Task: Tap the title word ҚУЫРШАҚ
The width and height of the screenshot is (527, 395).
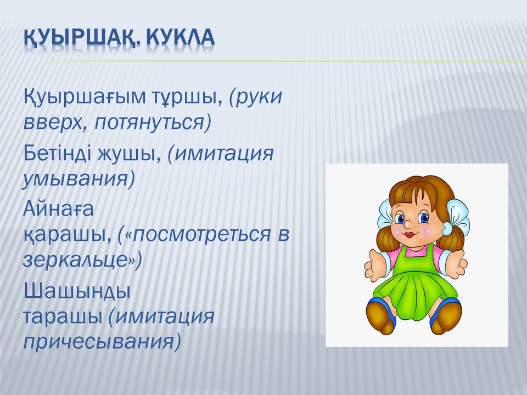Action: coord(81,38)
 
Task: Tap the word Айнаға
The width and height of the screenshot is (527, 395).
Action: coord(59,209)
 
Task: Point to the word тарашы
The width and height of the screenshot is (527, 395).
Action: coord(63,317)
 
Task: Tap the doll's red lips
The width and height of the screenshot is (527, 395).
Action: coord(409,234)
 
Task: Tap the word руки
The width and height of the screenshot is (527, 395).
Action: coord(259,98)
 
